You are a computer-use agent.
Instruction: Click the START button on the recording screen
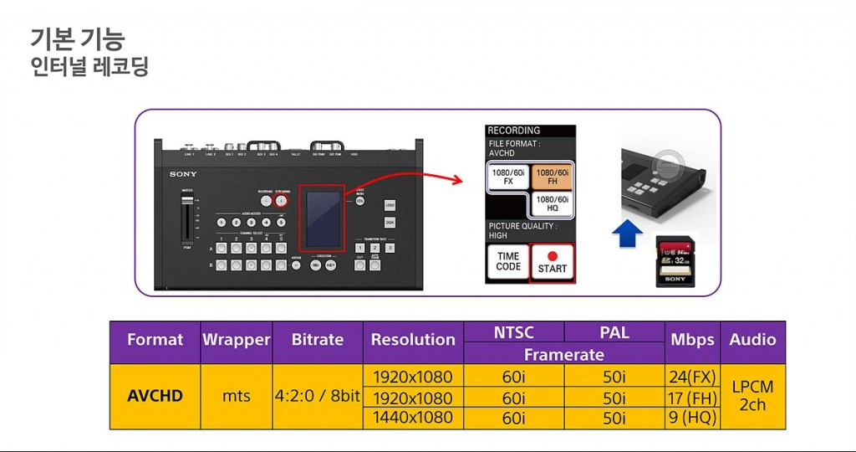click(552, 262)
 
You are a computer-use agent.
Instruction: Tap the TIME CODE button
click(508, 262)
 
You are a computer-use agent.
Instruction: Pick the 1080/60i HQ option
click(552, 204)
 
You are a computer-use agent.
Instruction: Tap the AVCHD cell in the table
click(155, 396)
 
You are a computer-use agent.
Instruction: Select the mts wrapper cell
click(236, 396)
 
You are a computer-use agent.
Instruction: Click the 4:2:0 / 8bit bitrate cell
click(318, 396)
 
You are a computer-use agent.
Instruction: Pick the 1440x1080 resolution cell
click(412, 418)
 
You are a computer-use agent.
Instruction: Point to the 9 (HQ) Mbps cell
click(691, 418)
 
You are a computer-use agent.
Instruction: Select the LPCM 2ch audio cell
click(752, 396)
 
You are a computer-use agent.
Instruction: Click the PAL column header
click(614, 332)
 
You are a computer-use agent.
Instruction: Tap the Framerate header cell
click(564, 354)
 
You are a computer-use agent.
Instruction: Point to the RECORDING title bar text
click(514, 131)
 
